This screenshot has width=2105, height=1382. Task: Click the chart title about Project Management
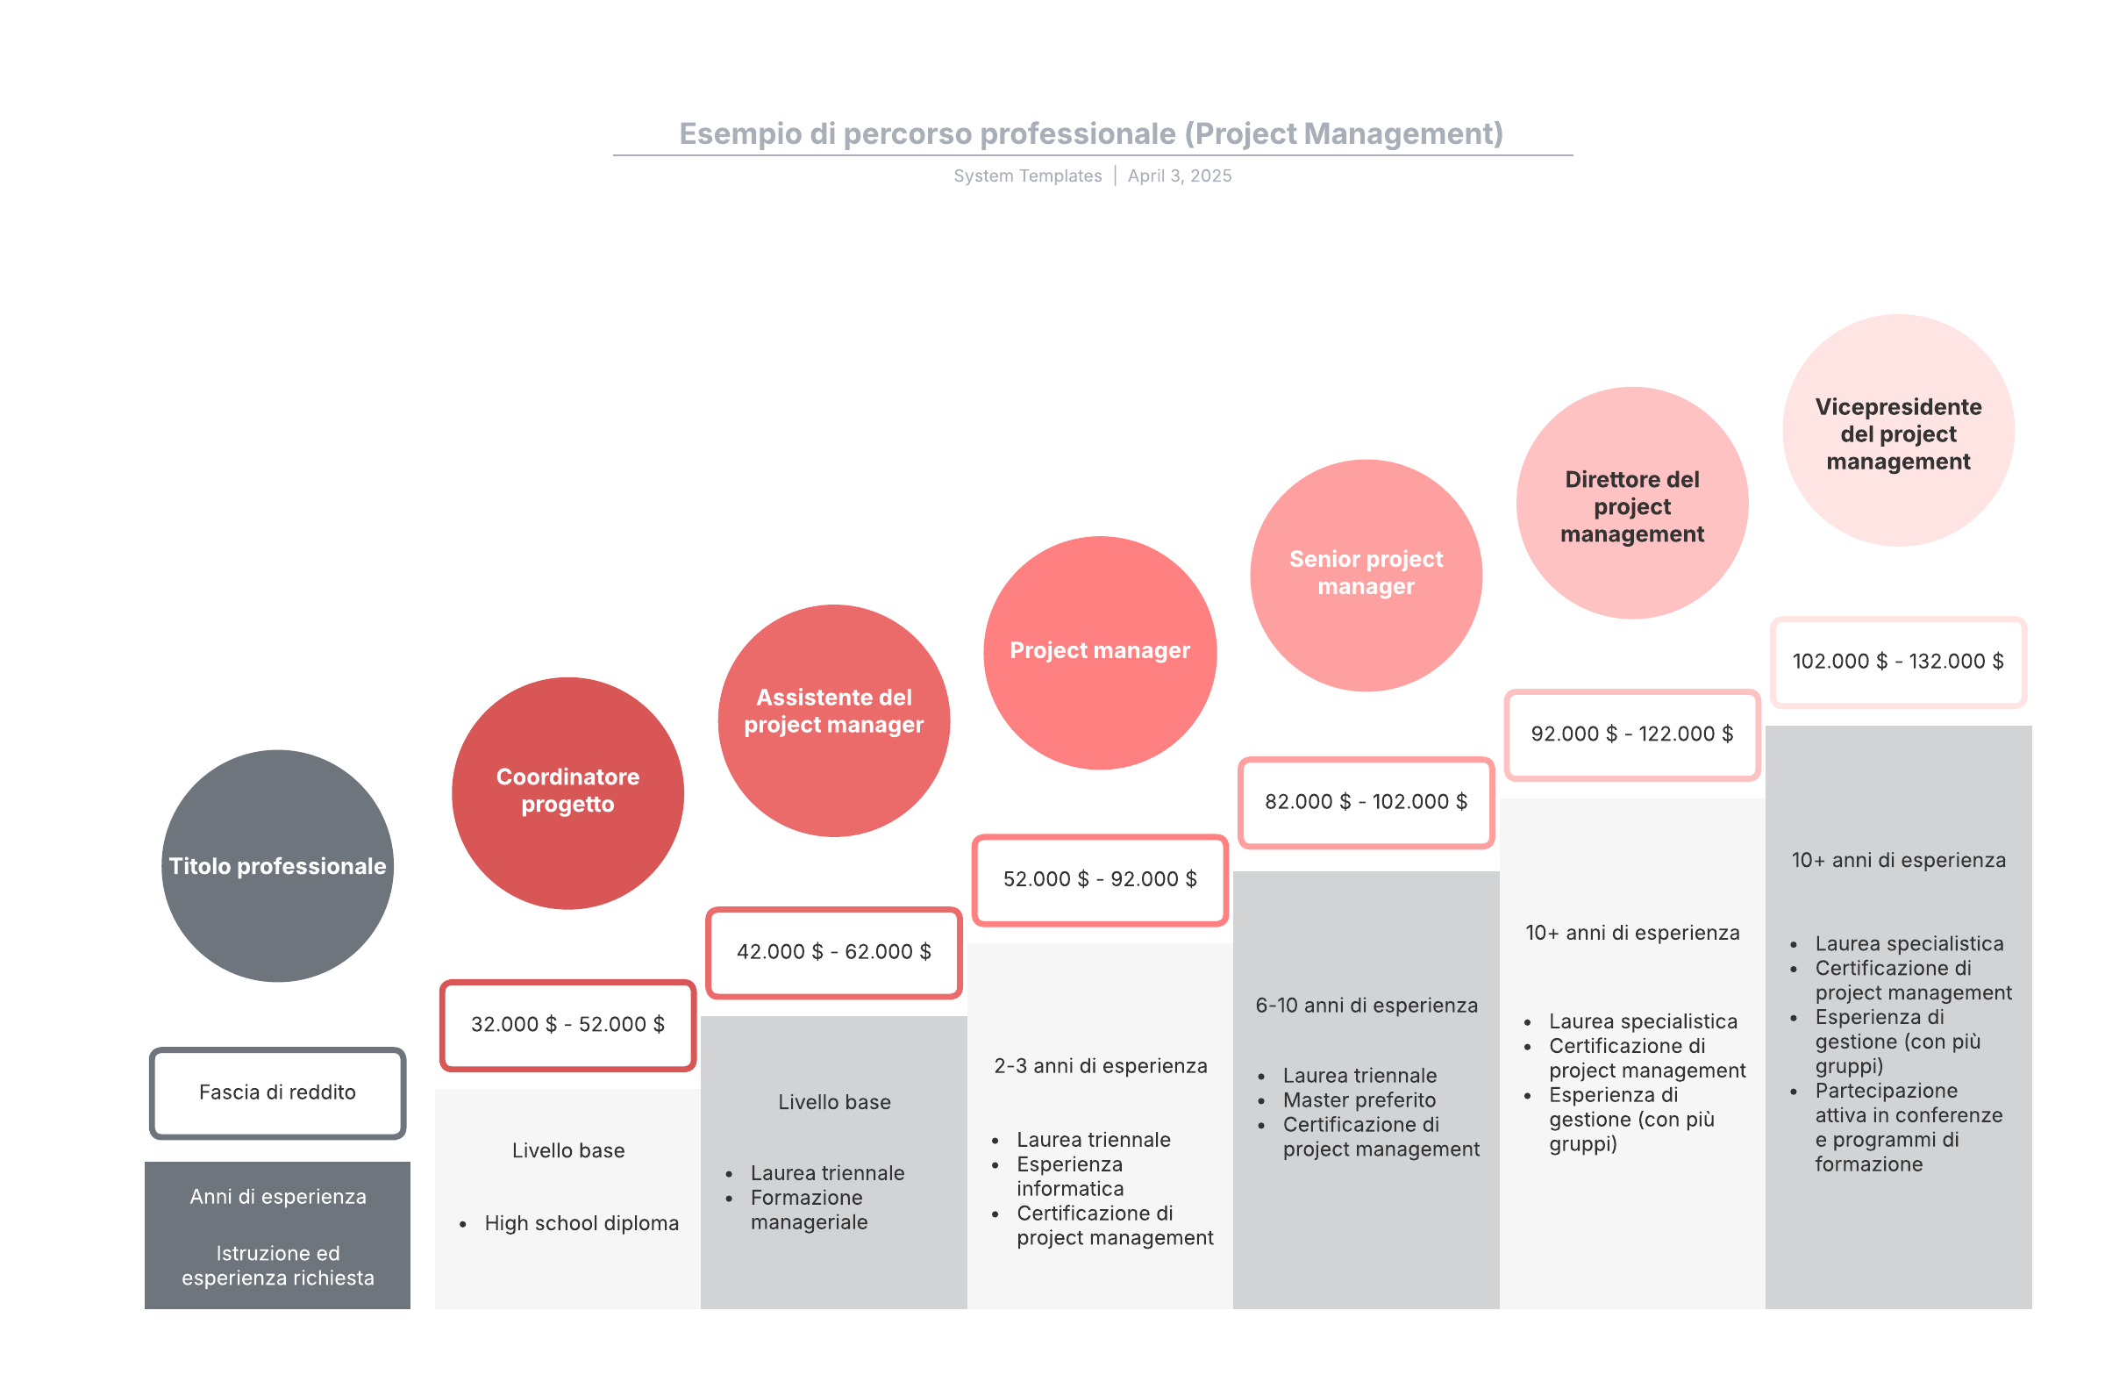pyautogui.click(x=1090, y=133)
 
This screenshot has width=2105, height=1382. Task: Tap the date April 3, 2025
pyautogui.click(x=1179, y=176)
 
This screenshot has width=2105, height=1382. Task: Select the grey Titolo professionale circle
pyautogui.click(x=278, y=865)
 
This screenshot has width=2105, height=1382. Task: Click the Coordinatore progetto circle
pyautogui.click(x=567, y=792)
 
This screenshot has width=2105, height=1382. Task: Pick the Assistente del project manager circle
pyautogui.click(x=834, y=720)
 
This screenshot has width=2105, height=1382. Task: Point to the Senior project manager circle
pyautogui.click(x=1366, y=575)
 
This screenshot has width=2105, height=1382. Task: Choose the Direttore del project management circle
pyautogui.click(x=1632, y=503)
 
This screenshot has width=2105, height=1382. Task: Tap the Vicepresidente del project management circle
pyautogui.click(x=1898, y=430)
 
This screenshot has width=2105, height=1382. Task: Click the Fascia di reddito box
pyautogui.click(x=278, y=1092)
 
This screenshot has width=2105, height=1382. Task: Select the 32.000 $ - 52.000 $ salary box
pyautogui.click(x=567, y=1025)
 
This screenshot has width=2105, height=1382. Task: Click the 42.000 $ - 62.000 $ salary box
pyautogui.click(x=834, y=952)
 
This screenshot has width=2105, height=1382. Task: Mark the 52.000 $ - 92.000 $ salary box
pyautogui.click(x=1099, y=879)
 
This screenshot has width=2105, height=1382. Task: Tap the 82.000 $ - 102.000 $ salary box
pyautogui.click(x=1366, y=802)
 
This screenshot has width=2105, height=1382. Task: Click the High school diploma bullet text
pyautogui.click(x=582, y=1223)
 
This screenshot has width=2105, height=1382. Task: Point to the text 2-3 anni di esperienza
pyautogui.click(x=1099, y=1066)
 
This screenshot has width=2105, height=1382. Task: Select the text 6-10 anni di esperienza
pyautogui.click(x=1366, y=1005)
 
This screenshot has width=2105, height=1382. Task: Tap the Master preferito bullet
pyautogui.click(x=1359, y=1099)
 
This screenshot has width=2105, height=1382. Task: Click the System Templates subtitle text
pyautogui.click(x=1028, y=176)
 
